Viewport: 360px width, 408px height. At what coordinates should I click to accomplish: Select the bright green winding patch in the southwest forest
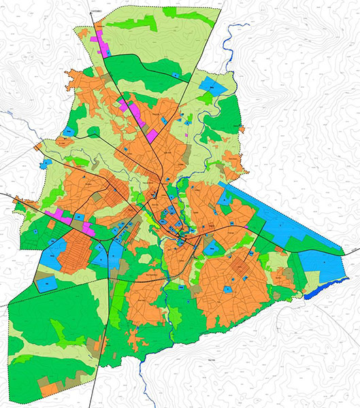pyautogui.click(x=61, y=333)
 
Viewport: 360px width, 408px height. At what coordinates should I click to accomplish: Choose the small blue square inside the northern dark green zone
pyautogui.click(x=174, y=75)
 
